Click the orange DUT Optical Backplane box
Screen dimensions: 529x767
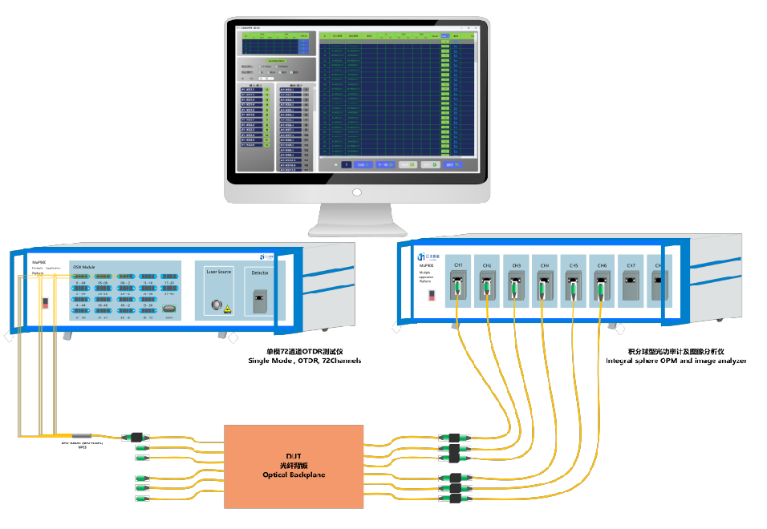[x=294, y=466]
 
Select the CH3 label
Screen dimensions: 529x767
[x=516, y=264]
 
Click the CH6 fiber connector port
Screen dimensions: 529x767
[x=602, y=286]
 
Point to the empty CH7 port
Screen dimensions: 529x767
[x=631, y=286]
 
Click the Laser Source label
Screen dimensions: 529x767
[x=219, y=272]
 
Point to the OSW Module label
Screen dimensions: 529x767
[x=84, y=267]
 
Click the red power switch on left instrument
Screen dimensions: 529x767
[x=45, y=303]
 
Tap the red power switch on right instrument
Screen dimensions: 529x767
[x=432, y=295]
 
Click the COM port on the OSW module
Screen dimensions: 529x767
[x=169, y=308]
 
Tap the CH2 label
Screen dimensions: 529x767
[x=488, y=264]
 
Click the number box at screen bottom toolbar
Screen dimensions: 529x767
[x=347, y=164]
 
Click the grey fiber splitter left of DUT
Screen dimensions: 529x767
[x=83, y=436]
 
